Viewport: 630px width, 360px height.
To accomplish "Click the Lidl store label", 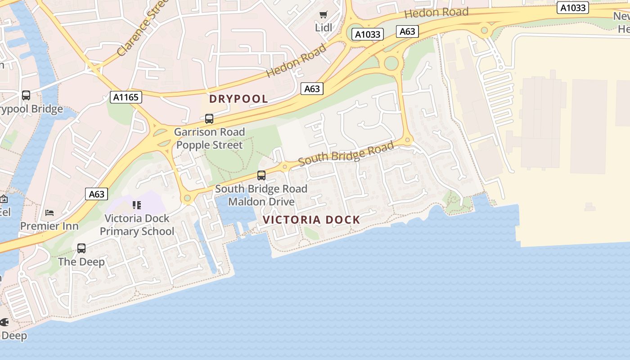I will [x=323, y=28].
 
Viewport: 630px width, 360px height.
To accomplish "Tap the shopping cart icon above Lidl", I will [x=323, y=15].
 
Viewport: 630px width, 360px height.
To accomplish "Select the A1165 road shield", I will [x=126, y=97].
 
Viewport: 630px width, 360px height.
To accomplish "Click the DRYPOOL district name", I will [x=238, y=99].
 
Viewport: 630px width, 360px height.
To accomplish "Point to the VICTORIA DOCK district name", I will [x=311, y=220].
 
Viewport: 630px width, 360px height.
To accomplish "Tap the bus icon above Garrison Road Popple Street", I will [x=209, y=119].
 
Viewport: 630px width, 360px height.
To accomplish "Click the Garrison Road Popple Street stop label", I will [x=209, y=138].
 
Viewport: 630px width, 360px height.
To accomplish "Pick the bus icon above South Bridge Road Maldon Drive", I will [x=261, y=175].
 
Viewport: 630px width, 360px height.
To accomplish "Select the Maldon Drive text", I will [x=261, y=202].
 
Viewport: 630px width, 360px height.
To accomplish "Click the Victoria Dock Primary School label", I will [x=137, y=225].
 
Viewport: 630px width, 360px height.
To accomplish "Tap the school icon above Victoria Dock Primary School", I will [x=137, y=205].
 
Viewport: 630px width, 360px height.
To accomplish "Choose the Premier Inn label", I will [x=49, y=226].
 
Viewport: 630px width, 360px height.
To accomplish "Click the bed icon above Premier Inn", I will [x=49, y=212].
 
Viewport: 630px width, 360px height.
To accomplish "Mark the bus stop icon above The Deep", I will [x=81, y=248].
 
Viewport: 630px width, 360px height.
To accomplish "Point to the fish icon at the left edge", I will [x=4, y=322].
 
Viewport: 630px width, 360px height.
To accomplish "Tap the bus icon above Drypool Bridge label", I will [x=26, y=95].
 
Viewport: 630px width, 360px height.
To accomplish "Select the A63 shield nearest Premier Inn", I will [x=96, y=194].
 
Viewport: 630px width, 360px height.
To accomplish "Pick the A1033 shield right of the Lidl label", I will [x=367, y=34].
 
